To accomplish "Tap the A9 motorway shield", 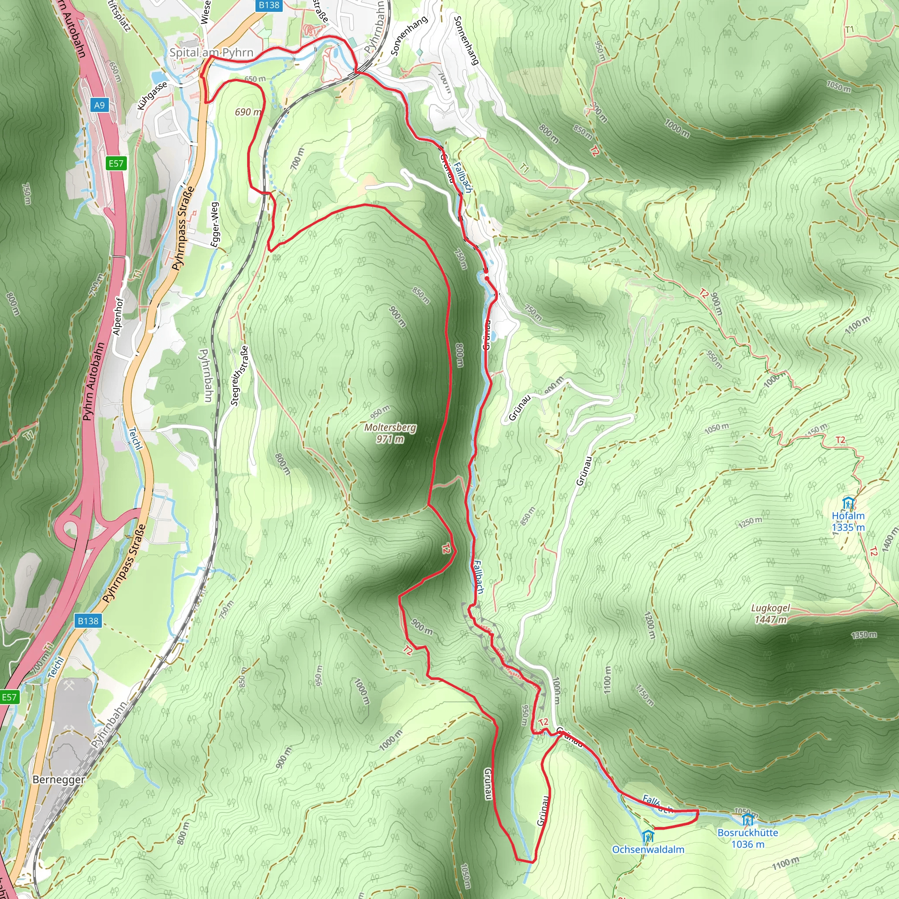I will [99, 105].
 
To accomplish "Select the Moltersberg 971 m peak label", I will [390, 433].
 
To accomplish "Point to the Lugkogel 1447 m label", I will [770, 614].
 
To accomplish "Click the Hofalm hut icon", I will [848, 503].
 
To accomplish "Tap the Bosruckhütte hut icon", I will [748, 820].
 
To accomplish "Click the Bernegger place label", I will [59, 780].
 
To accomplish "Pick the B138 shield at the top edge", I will [269, 5].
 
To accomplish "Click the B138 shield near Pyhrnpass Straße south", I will [88, 621].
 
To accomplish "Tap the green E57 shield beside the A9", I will [116, 163].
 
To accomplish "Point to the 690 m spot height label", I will [248, 111].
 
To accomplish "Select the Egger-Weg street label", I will [215, 225].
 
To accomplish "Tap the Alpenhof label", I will [118, 316].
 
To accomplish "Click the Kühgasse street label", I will [152, 96].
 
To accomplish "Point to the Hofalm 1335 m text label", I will [848, 521].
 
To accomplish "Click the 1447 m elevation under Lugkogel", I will [770, 620].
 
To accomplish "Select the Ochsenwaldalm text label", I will [648, 850].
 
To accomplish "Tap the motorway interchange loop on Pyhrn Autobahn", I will [70, 528].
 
